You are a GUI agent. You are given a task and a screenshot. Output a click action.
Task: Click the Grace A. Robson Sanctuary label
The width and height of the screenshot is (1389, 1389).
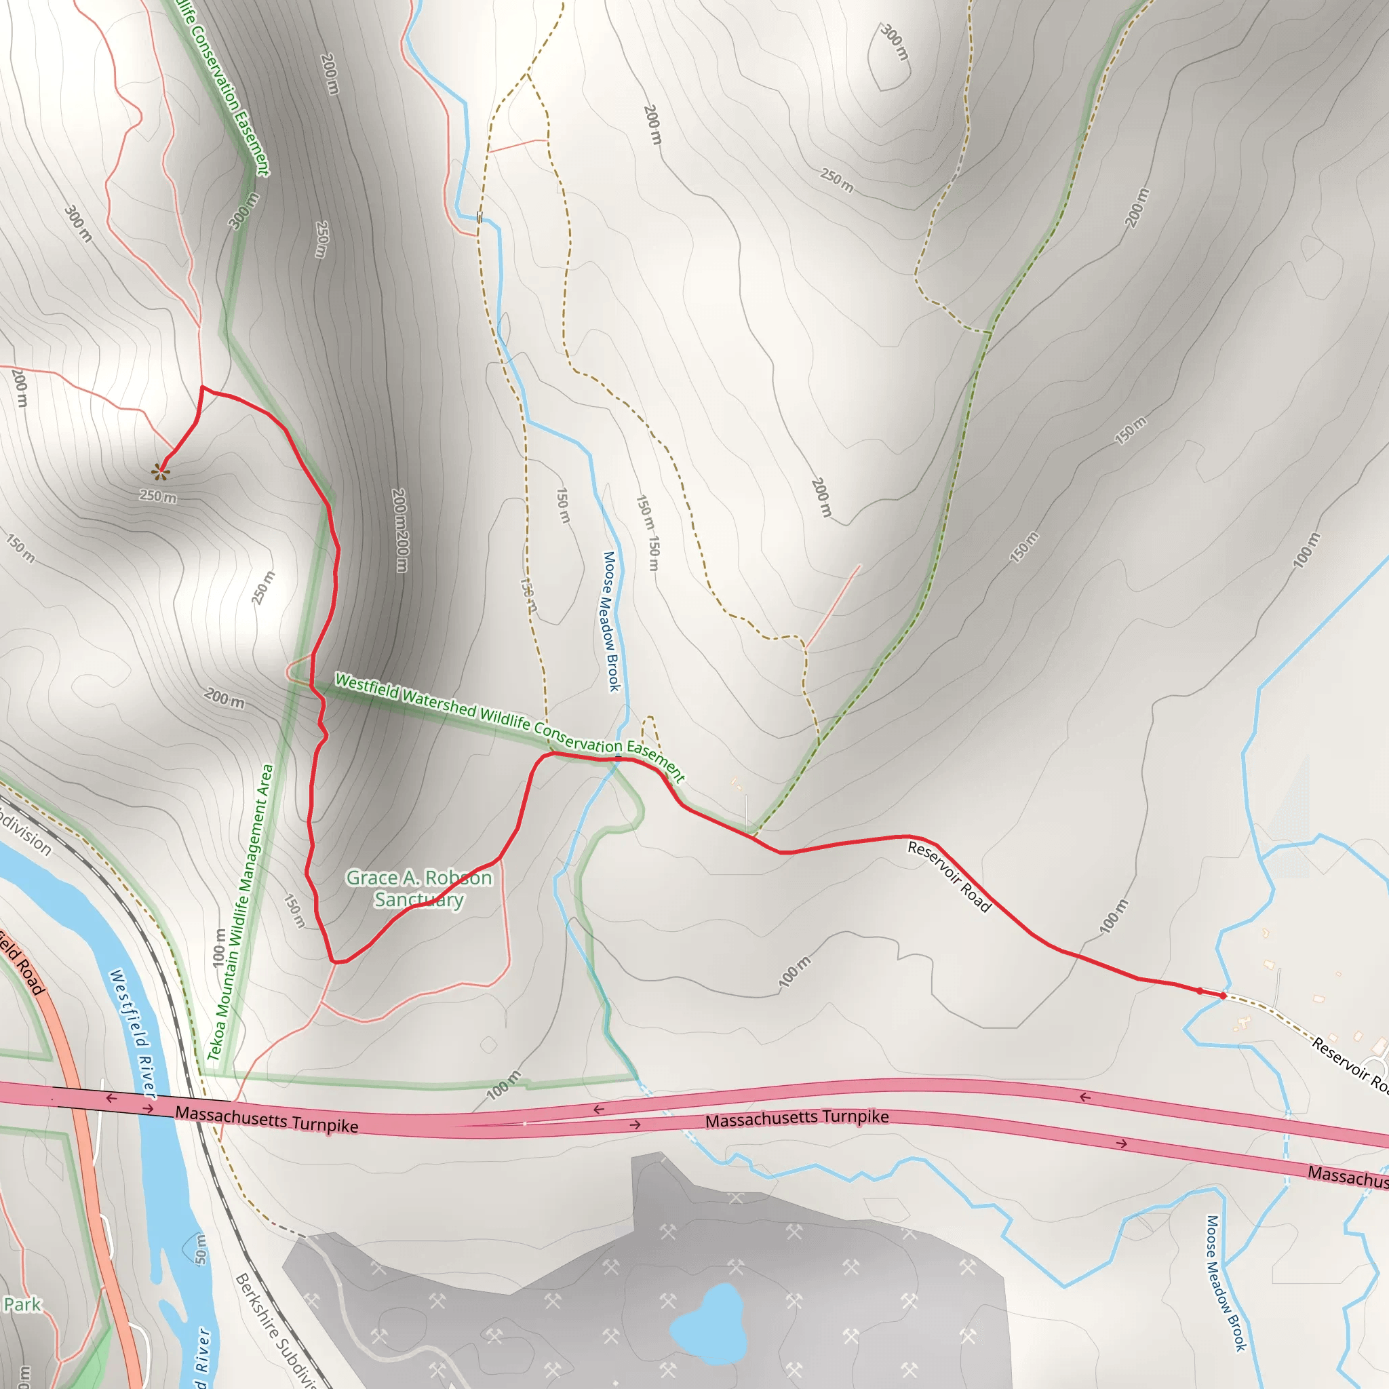click(419, 888)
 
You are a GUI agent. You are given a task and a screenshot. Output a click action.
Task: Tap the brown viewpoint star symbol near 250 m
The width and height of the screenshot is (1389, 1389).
click(160, 471)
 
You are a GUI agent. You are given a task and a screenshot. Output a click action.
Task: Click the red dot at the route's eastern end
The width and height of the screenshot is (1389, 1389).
click(1223, 996)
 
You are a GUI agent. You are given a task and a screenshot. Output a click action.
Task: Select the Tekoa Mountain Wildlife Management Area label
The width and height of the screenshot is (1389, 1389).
click(240, 913)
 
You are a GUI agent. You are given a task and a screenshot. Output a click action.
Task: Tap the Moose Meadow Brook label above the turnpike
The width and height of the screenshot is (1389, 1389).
click(610, 621)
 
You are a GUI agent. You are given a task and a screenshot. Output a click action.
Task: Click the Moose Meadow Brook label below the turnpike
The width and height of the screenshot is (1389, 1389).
click(1225, 1283)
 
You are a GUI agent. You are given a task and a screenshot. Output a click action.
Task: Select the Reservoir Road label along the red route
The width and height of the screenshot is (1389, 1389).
click(949, 876)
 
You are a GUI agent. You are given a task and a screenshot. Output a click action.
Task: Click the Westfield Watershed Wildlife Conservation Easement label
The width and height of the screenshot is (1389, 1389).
click(510, 726)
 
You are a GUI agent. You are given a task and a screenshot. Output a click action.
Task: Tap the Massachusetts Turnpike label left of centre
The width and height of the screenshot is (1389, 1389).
click(267, 1119)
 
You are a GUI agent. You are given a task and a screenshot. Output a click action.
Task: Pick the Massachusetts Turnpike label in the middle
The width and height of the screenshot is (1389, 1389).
click(797, 1118)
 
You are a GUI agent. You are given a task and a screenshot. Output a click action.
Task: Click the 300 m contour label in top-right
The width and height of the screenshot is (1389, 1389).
click(895, 41)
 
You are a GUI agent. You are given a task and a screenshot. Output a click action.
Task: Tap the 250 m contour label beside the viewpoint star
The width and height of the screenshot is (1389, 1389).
click(157, 496)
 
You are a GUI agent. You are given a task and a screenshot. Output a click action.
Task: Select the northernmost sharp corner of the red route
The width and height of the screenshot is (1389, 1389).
click(203, 387)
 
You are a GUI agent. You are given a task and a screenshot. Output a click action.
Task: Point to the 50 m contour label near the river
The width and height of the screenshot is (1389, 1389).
click(201, 1249)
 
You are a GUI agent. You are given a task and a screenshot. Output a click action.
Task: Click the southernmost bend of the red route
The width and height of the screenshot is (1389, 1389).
click(334, 961)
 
